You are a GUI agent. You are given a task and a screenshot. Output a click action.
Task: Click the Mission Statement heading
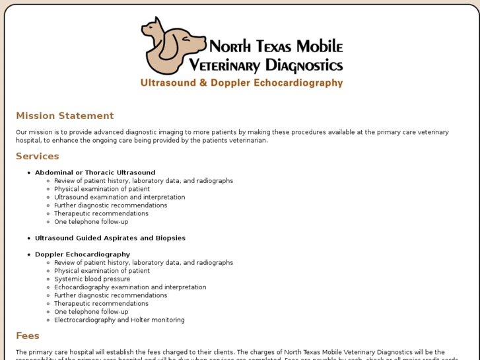coord(65,116)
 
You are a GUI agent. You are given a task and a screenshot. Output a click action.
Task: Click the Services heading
coord(38,157)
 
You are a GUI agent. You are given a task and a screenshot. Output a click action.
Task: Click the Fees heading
coord(28,336)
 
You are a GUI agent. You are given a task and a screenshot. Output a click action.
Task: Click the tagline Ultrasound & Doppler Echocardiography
coord(242,83)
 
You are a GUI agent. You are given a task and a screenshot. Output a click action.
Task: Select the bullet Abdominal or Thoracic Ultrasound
coord(95,173)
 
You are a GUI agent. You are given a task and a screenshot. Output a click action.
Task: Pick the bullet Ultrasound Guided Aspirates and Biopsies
coord(110,238)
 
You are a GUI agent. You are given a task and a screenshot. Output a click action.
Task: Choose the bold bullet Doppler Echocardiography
coord(83,255)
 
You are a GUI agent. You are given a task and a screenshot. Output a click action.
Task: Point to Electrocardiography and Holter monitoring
coord(120,320)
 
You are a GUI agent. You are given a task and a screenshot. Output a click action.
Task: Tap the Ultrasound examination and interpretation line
coord(120,198)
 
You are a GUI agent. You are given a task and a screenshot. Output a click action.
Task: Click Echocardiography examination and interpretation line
coord(130,287)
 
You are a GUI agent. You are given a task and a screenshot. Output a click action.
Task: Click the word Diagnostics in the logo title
coord(304,65)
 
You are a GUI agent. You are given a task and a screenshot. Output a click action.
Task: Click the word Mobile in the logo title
coord(320,47)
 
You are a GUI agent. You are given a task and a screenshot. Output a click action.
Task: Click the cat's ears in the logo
coord(156,22)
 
